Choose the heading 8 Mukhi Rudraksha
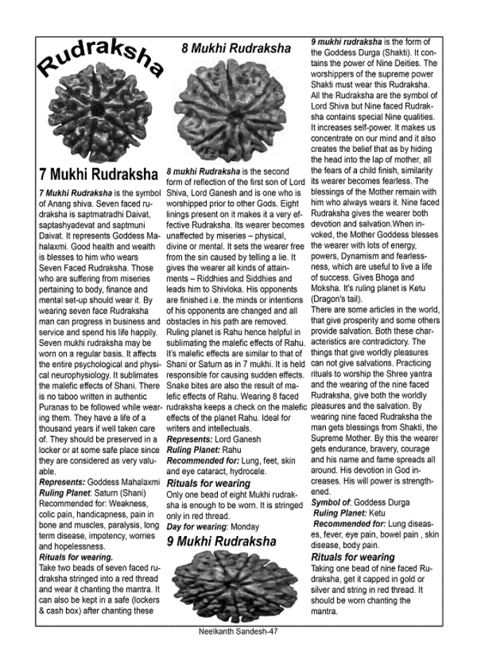click(235, 49)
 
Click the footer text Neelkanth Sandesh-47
click(239, 631)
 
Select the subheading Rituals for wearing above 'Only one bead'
click(208, 483)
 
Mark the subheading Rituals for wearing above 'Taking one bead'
click(353, 557)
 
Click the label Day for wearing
click(193, 525)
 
